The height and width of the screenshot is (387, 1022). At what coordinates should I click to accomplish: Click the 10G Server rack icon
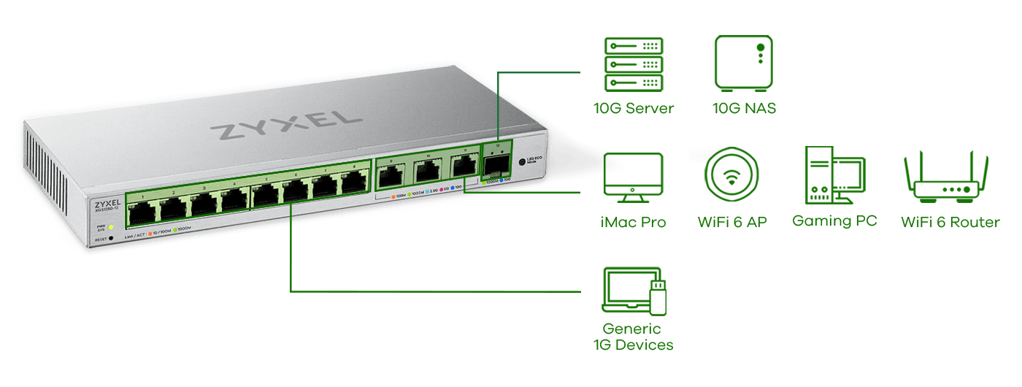(633, 64)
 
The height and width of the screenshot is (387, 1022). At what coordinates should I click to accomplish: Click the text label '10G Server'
(633, 109)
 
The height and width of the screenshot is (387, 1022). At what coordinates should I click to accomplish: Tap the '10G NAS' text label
(743, 109)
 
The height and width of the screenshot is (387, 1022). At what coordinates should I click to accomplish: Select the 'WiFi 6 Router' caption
(950, 222)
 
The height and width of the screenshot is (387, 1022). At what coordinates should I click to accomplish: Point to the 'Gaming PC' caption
(834, 221)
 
